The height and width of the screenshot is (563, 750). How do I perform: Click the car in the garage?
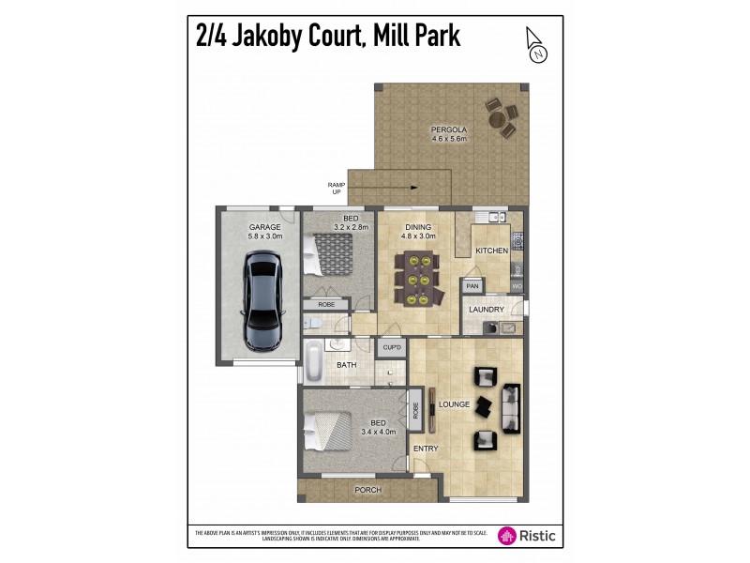tap(259, 299)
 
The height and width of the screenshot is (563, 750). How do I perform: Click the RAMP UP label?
tap(336, 189)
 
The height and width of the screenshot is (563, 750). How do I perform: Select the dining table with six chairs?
tap(418, 280)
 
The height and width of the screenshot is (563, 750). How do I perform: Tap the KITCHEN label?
tap(491, 251)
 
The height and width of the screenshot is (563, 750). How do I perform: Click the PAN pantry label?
tap(472, 285)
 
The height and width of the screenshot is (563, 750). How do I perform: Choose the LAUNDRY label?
tap(487, 309)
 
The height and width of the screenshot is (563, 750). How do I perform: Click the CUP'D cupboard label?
tap(391, 348)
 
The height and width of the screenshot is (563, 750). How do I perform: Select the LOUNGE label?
tap(454, 404)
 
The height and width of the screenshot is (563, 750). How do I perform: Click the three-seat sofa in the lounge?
tap(512, 406)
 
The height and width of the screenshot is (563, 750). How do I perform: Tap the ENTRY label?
tap(426, 449)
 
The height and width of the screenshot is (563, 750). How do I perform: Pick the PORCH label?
tap(367, 491)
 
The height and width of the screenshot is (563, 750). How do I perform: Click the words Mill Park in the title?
tap(416, 38)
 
